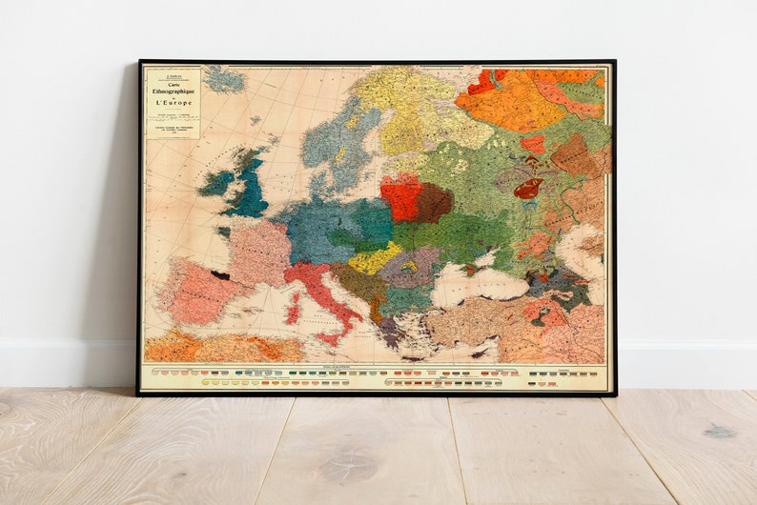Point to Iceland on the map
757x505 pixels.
224,79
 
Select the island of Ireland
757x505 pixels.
216,182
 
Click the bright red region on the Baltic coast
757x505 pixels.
400,197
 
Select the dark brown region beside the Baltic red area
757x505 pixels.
433,203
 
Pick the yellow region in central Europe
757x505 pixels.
373,258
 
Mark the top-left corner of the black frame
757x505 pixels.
140,62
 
